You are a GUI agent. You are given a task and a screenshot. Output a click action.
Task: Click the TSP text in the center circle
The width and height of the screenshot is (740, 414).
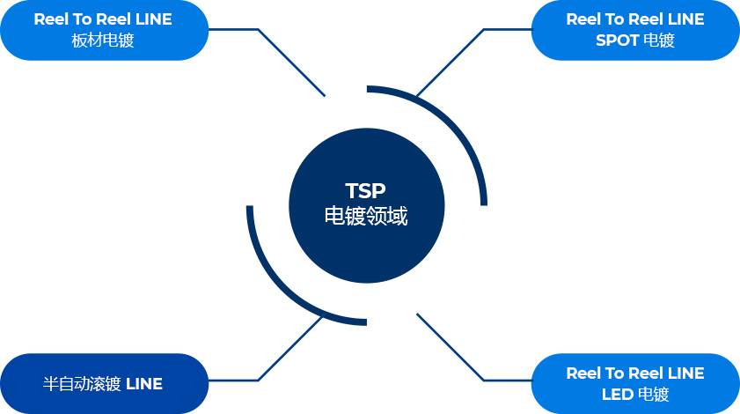[366, 191]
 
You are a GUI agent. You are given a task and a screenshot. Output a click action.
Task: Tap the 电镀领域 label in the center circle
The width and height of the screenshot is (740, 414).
[366, 216]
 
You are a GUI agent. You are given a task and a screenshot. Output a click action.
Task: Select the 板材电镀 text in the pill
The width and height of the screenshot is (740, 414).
[103, 41]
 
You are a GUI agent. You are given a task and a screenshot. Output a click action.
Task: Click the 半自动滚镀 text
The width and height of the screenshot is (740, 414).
[82, 383]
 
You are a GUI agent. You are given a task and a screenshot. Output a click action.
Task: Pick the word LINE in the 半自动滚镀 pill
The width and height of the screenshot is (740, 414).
[144, 384]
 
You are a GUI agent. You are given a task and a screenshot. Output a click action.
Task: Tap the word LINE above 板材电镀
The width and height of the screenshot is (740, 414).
[153, 18]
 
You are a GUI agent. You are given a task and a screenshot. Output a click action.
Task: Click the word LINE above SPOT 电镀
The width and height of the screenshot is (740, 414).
[685, 18]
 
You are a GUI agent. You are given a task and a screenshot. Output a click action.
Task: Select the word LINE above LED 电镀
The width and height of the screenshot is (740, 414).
[685, 373]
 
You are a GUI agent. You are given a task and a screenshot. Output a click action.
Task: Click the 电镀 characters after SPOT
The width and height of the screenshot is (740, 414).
[659, 41]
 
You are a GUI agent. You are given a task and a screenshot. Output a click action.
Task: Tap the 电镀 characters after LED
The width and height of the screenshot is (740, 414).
[653, 394]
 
